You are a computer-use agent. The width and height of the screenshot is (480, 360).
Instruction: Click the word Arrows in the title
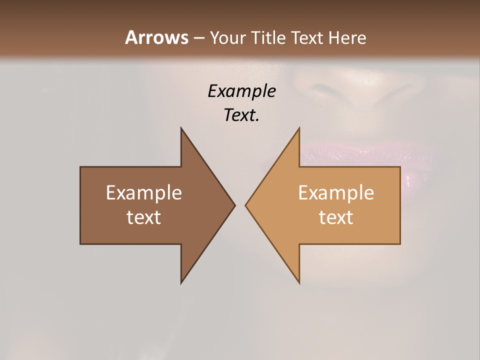(156, 37)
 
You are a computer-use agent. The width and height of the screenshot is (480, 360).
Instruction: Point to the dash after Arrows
(198, 38)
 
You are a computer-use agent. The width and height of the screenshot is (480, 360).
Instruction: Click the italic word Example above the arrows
(242, 91)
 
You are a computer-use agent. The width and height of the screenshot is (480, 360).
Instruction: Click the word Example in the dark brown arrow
(144, 192)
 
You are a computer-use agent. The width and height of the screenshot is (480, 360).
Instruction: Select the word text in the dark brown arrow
(144, 217)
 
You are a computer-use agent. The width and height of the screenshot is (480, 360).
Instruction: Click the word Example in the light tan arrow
(336, 192)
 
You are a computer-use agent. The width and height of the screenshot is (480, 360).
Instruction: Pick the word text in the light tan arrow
(336, 217)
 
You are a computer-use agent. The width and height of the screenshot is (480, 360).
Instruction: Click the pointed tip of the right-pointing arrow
(234, 205)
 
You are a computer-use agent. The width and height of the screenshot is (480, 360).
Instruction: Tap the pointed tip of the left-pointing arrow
(246, 205)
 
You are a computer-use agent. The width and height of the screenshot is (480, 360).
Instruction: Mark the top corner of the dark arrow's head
(181, 128)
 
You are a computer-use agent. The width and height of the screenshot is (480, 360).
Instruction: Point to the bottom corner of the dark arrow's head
(181, 282)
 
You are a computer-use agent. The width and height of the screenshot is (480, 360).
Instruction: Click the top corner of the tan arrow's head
(299, 128)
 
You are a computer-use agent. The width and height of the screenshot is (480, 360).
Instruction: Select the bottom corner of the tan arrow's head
(299, 282)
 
